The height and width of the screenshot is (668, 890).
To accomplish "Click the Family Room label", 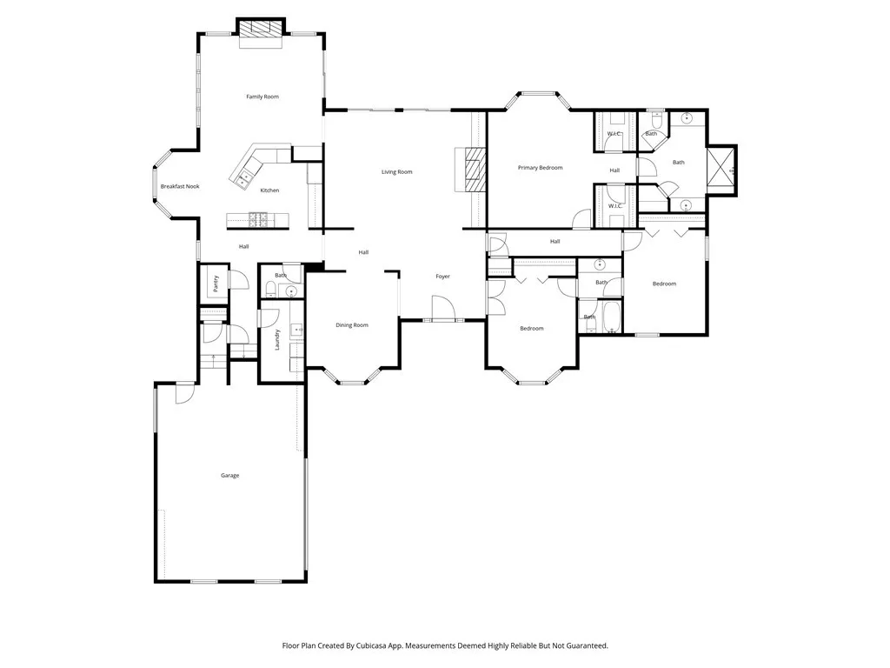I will click(262, 97).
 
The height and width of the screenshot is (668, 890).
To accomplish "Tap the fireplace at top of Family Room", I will click(262, 29).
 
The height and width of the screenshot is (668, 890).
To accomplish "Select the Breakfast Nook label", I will click(180, 186).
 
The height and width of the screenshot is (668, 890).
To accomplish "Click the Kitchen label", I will click(269, 190).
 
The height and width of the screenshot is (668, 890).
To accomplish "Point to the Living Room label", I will click(396, 172).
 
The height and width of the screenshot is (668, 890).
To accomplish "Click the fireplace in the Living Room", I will click(474, 168).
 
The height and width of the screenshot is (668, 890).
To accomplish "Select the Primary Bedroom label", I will click(540, 168).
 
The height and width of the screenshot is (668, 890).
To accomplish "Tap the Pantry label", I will click(216, 284).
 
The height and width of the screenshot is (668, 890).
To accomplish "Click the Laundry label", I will click(276, 339).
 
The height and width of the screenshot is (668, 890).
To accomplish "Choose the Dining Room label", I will click(352, 325).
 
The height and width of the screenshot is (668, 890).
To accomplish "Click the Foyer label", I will click(442, 277).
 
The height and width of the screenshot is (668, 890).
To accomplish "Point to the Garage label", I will click(229, 476).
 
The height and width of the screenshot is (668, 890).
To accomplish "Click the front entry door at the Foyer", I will click(442, 308).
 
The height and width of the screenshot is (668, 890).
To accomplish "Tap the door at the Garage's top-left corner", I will click(183, 393).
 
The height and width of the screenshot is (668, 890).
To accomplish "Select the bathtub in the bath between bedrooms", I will click(611, 317).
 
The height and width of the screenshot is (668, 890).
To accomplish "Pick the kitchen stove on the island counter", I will click(258, 217).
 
